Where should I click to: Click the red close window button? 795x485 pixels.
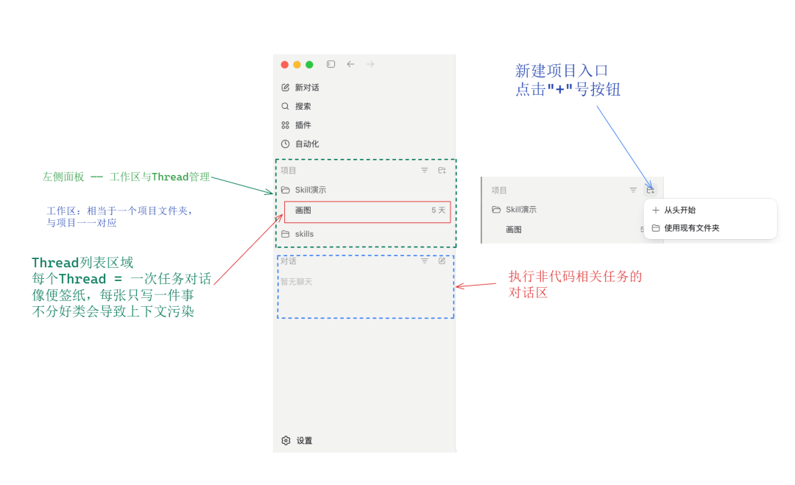click(x=284, y=64)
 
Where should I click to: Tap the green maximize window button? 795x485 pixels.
click(x=309, y=64)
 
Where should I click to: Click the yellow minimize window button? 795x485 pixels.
click(x=297, y=64)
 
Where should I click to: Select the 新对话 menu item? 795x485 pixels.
click(x=300, y=88)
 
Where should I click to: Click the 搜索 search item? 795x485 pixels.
click(x=296, y=107)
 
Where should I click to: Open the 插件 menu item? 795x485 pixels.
click(x=296, y=125)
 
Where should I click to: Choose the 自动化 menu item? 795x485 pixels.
click(x=300, y=144)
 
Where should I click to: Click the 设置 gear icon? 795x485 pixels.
click(x=286, y=440)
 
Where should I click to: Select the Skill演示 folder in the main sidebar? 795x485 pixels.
click(x=304, y=190)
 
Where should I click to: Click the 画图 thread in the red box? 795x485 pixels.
click(x=303, y=210)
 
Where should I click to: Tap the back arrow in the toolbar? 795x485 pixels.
click(x=350, y=64)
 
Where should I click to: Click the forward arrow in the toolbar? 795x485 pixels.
click(x=370, y=64)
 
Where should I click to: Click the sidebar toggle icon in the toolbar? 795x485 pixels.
click(x=331, y=64)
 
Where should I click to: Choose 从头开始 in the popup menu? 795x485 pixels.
click(x=674, y=210)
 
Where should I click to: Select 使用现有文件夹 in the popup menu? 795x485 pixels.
click(x=685, y=228)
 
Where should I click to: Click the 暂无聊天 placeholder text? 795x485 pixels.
click(x=297, y=282)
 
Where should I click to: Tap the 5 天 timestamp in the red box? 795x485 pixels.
click(x=439, y=210)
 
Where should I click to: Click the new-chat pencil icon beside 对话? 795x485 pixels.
click(x=442, y=261)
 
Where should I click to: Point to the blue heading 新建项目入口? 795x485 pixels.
click(x=562, y=71)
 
